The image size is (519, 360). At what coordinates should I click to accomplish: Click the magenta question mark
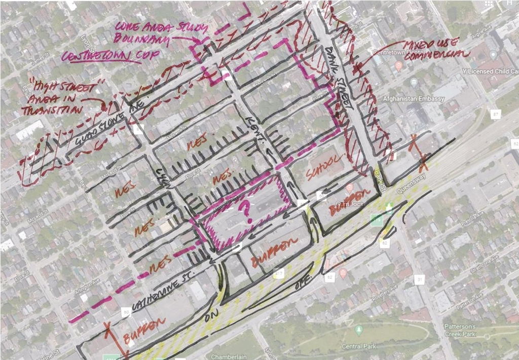(x=247, y=209)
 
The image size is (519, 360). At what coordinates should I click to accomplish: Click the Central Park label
(x=360, y=346)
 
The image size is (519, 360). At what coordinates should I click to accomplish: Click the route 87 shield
(x=495, y=115)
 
